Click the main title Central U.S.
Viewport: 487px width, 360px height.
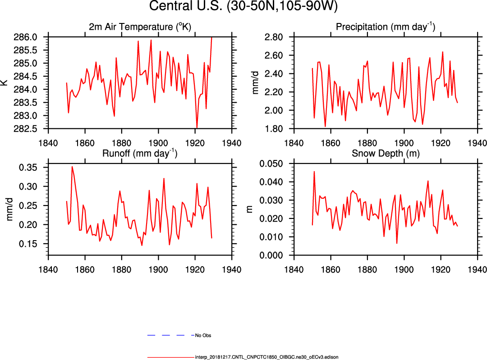pos(243,7)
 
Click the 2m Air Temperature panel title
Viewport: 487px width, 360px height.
pos(140,27)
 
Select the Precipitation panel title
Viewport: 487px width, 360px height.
pos(386,27)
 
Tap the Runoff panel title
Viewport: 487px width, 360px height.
pos(140,153)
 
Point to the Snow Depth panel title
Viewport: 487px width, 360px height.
pos(386,153)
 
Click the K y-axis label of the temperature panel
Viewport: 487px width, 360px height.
pos(5,83)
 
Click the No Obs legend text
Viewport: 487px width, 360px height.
pos(203,336)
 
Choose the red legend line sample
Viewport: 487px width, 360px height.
pos(170,357)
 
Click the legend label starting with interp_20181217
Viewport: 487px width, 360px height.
pos(266,357)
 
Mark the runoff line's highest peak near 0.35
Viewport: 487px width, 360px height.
pos(72,167)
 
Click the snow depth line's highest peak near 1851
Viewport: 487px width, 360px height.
pos(314,172)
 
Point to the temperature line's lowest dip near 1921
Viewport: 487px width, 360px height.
pos(197,128)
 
